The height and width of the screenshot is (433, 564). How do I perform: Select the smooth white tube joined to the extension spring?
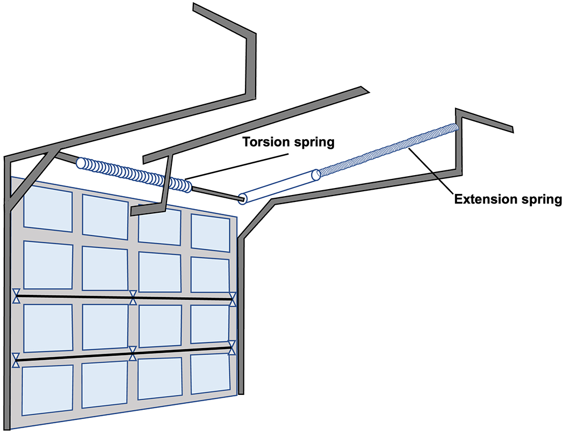click(x=279, y=186)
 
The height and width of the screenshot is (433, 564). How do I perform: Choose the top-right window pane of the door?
click(x=211, y=233)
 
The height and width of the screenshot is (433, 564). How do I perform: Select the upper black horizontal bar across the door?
click(x=75, y=296)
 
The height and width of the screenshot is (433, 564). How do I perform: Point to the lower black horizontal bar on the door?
click(x=75, y=357)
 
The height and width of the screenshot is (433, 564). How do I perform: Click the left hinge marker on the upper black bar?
click(x=17, y=296)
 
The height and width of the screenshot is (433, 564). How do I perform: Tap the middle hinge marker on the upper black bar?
click(x=133, y=297)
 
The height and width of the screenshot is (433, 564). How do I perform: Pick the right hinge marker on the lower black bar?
click(x=232, y=348)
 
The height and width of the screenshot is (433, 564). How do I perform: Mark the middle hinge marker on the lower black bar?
click(x=132, y=353)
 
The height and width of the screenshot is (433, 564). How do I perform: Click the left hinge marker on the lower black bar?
click(x=17, y=359)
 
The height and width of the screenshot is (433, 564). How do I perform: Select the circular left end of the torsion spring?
click(x=81, y=163)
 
